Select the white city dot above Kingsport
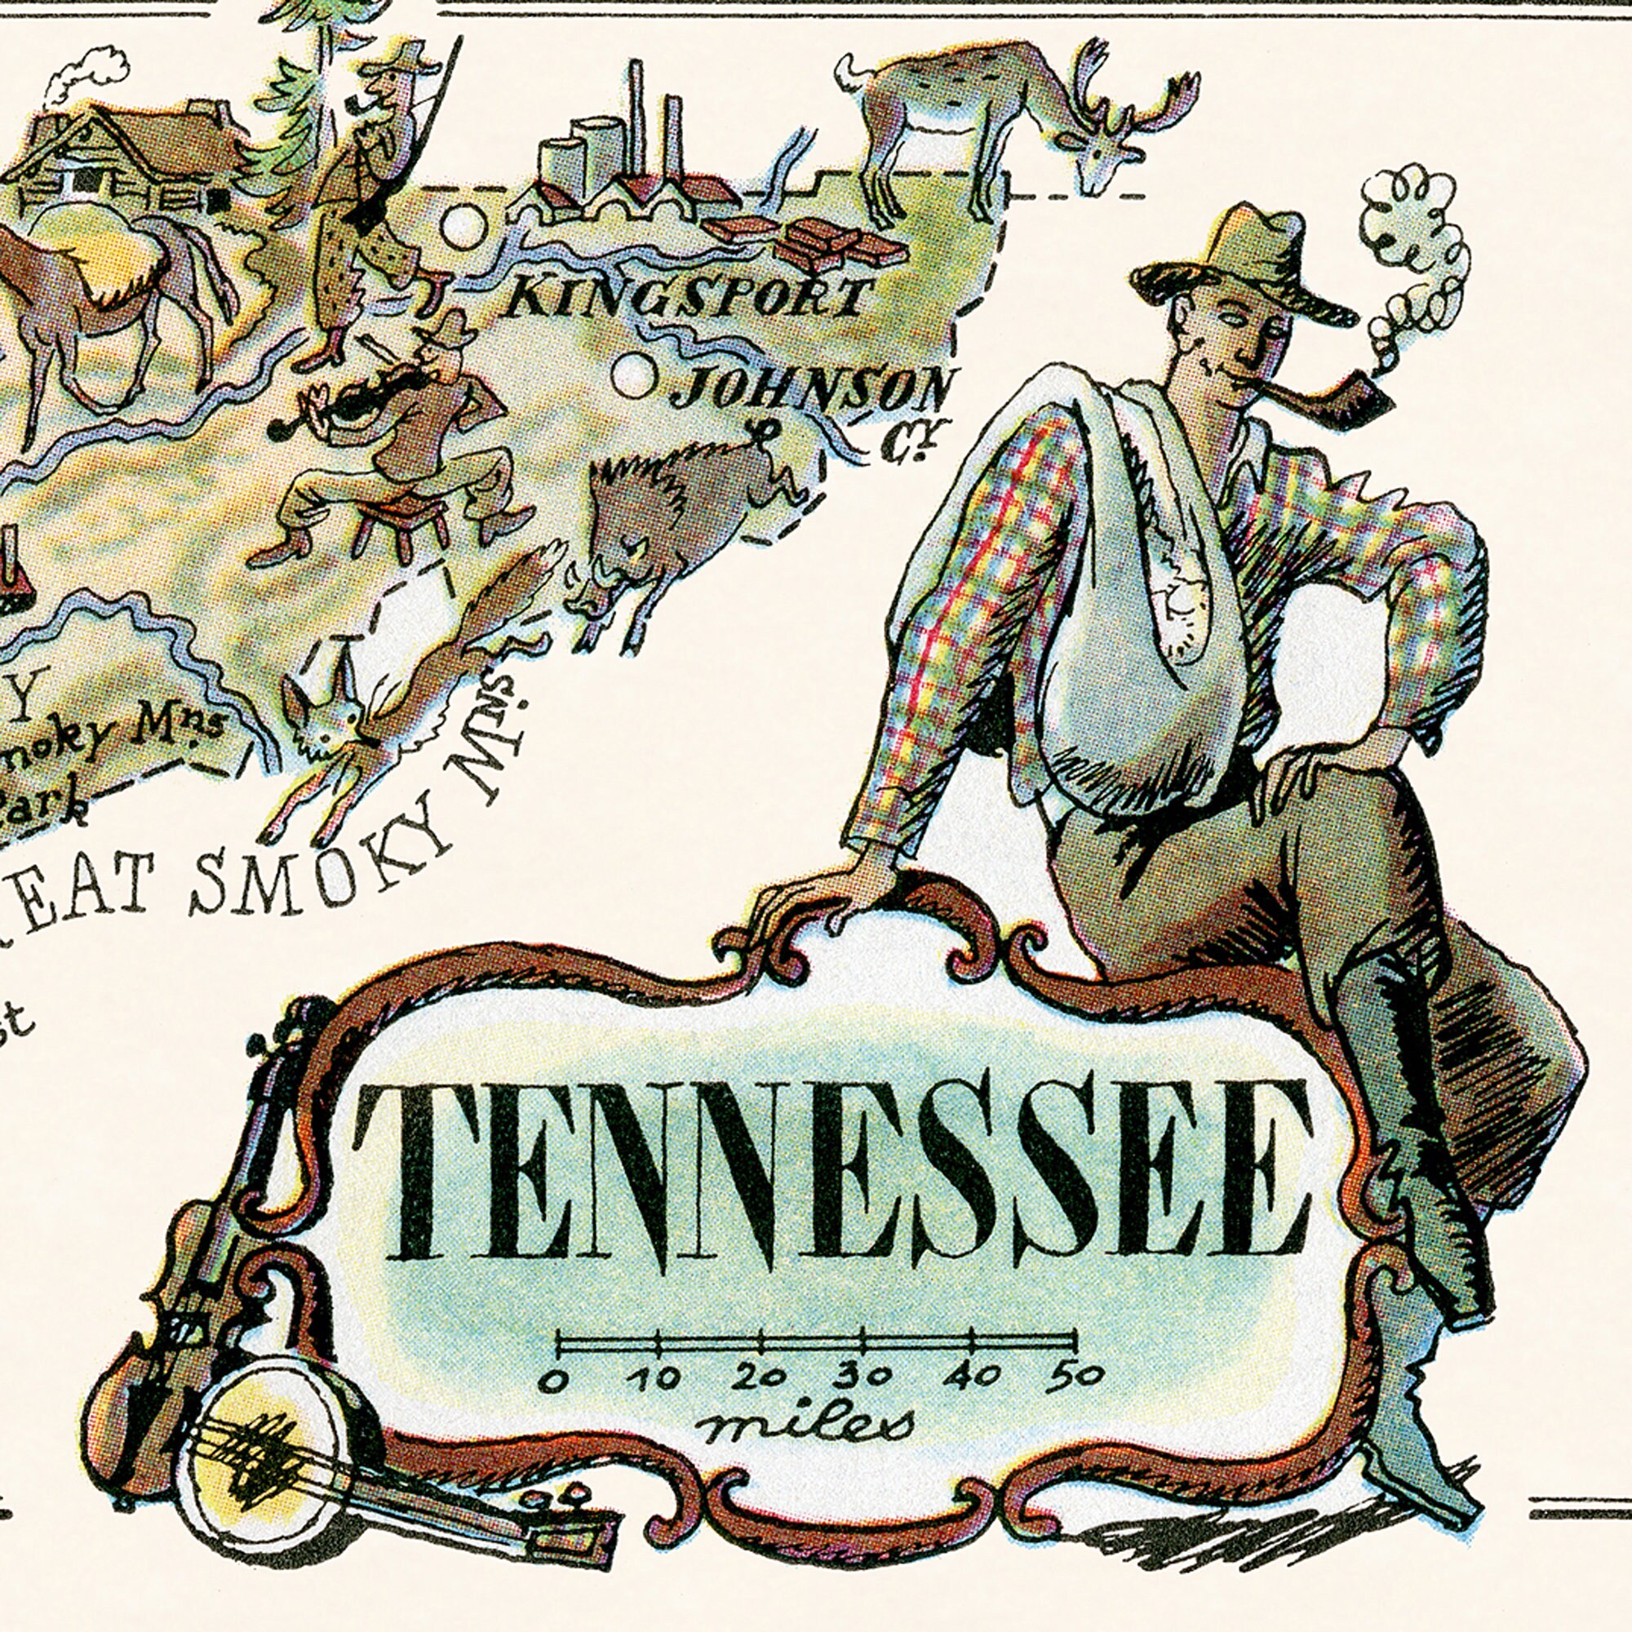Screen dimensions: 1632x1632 [x=463, y=225]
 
